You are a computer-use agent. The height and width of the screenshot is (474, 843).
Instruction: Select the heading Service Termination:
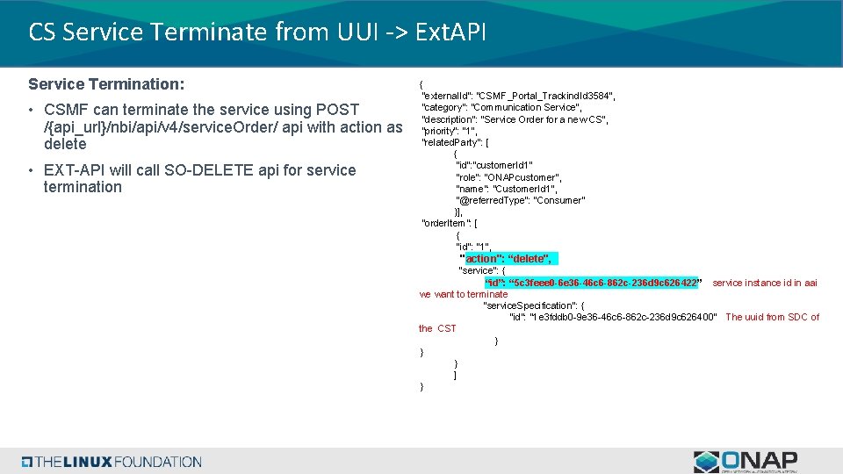(106, 84)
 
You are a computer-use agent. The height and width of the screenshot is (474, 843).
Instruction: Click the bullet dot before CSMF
(30, 111)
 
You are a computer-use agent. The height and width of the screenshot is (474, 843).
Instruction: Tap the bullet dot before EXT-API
(30, 170)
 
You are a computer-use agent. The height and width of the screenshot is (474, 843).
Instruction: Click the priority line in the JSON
(449, 131)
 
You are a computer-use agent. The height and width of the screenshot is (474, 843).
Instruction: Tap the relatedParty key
(452, 142)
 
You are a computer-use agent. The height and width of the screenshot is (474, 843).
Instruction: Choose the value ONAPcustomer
(523, 177)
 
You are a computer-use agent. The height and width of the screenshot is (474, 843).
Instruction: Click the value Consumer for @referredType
(558, 200)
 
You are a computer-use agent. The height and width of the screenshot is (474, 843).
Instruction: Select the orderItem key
(445, 223)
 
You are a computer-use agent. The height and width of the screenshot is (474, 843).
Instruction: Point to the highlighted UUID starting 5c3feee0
(605, 283)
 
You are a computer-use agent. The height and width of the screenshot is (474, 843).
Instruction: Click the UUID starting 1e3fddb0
(623, 317)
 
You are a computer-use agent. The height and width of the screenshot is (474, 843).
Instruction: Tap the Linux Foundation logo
(112, 462)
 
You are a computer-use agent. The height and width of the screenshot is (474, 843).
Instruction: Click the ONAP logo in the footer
(746, 461)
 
